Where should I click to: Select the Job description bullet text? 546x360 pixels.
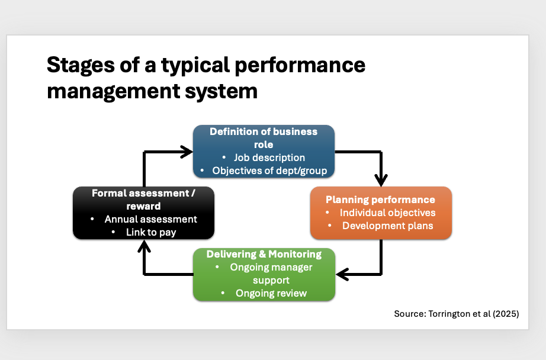pyautogui.click(x=269, y=157)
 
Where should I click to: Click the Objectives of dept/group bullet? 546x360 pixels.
pyautogui.click(x=269, y=171)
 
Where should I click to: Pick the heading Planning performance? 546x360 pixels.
pyautogui.click(x=380, y=200)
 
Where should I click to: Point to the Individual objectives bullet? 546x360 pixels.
pyautogui.click(x=387, y=213)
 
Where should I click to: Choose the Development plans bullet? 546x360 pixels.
pyautogui.click(x=387, y=226)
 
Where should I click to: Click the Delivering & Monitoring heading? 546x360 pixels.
pyautogui.click(x=264, y=254)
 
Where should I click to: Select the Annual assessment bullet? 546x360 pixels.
pyautogui.click(x=150, y=219)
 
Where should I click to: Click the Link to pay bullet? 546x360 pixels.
pyautogui.click(x=150, y=232)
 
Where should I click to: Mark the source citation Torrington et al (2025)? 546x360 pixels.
pyautogui.click(x=456, y=314)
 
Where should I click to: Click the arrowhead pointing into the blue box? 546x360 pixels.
pyautogui.click(x=186, y=152)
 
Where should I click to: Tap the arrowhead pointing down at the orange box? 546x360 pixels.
pyautogui.click(x=381, y=179)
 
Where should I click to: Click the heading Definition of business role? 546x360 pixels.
pyautogui.click(x=264, y=137)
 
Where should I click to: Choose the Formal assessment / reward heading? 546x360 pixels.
pyautogui.click(x=143, y=200)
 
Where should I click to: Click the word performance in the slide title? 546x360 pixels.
pyautogui.click(x=306, y=65)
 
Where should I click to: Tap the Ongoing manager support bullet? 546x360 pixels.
pyautogui.click(x=271, y=274)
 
